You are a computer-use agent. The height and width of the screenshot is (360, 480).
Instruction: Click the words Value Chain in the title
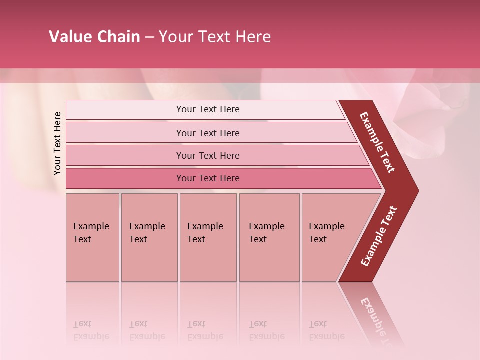(x=94, y=37)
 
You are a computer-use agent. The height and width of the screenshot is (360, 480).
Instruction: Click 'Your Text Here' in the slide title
(x=215, y=37)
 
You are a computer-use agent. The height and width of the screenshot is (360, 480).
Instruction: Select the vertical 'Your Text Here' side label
(x=58, y=143)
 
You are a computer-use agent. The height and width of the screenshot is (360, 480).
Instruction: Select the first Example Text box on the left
(x=92, y=237)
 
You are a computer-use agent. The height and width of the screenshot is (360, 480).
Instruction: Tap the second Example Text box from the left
(x=149, y=237)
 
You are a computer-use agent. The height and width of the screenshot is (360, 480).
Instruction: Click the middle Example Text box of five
(x=208, y=237)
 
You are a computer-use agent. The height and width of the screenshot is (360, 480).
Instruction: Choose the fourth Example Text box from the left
(x=269, y=237)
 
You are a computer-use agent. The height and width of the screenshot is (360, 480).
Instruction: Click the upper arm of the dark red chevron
(x=378, y=142)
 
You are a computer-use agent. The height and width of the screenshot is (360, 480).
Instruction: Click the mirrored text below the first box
(x=91, y=330)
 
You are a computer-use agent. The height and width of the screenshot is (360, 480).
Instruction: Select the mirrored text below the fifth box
(x=326, y=330)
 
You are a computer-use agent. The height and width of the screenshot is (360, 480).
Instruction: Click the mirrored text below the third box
(x=205, y=330)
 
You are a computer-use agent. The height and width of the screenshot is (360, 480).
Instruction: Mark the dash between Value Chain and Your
(x=149, y=37)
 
